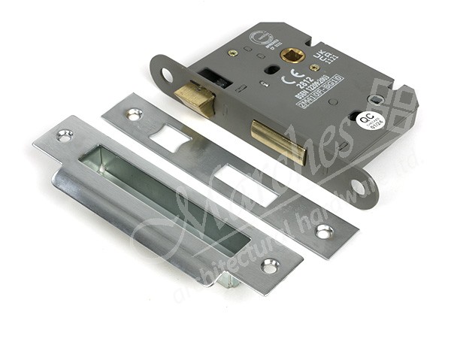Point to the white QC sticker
(x=368, y=120)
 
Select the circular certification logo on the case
(x=257, y=38)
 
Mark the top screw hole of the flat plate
(x=134, y=114)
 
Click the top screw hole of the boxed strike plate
(x=65, y=136)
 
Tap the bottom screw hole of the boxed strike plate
(x=269, y=265)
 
